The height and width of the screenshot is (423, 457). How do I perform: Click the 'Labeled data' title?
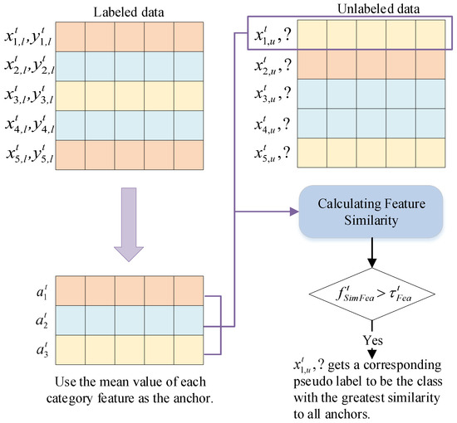[x=129, y=12]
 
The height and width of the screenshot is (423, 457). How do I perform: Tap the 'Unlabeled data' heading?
[x=378, y=9]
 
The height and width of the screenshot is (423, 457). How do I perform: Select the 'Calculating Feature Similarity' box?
[x=371, y=211]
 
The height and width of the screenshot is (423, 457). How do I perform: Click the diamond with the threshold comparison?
[x=372, y=294]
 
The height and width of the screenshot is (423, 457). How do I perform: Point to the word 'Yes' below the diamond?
[x=373, y=340]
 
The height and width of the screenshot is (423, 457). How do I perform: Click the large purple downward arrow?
[x=129, y=225]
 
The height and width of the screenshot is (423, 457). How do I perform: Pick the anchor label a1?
[x=42, y=292]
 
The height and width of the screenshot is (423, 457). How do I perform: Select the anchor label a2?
[x=42, y=321]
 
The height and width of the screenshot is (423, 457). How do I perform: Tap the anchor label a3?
[x=42, y=349]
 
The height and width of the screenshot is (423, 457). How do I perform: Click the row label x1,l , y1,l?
[x=28, y=37]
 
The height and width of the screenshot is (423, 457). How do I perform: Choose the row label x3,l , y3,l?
[x=28, y=95]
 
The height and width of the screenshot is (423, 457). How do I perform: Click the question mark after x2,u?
[x=287, y=66]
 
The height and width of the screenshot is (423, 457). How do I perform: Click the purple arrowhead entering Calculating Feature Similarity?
[x=294, y=211]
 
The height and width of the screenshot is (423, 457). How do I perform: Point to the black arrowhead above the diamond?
[x=372, y=263]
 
